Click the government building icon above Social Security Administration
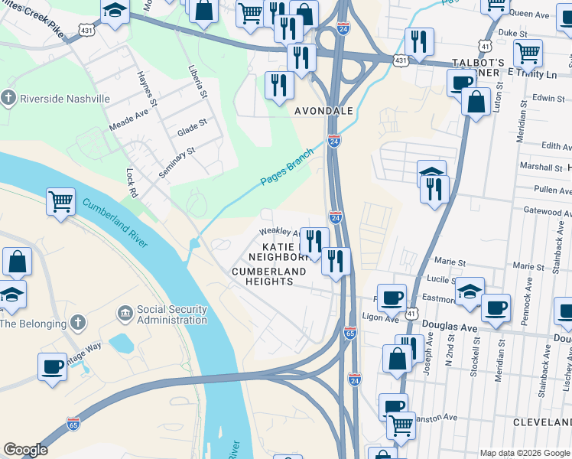[125, 314]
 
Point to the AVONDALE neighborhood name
[324, 111]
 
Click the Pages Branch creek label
[288, 167]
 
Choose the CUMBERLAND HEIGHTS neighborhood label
[252, 276]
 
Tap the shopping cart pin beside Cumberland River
[60, 202]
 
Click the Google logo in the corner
[25, 450]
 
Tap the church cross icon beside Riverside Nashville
[8, 98]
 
